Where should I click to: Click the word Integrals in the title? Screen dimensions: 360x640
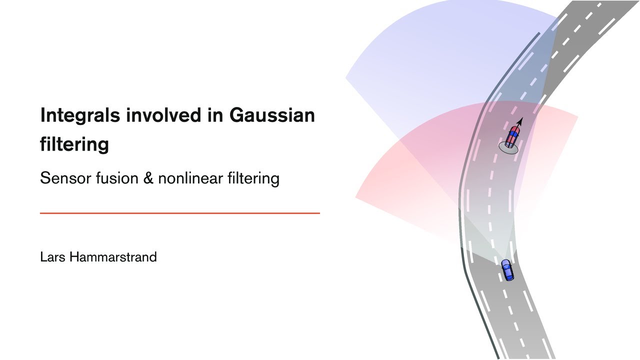80,115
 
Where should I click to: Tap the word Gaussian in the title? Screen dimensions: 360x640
272,115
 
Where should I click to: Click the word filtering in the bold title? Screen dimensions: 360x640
74,144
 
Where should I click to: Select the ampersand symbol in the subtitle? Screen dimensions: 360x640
148,178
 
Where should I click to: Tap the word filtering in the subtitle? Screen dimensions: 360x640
253,178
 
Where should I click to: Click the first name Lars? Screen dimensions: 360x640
52,257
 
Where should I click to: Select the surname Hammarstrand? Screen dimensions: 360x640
113,257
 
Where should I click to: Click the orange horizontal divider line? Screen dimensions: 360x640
179,213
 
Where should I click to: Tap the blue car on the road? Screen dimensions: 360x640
507,270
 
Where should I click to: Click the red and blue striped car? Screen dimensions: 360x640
512,136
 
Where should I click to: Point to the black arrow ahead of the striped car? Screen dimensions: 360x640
519,121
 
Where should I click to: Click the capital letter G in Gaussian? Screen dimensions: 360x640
237,115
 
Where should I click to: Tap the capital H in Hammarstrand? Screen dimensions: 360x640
74,257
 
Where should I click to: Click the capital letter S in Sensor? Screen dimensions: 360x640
44,178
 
